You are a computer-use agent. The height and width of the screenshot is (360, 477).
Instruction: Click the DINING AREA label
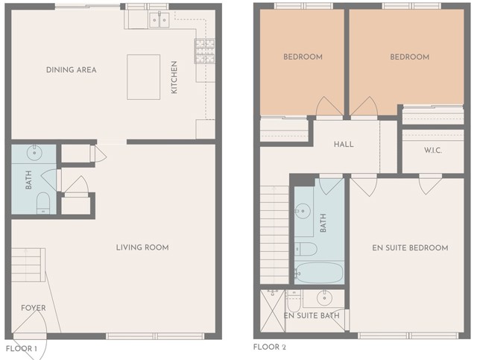point(72,70)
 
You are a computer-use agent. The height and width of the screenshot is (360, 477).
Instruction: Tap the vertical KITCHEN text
point(175,78)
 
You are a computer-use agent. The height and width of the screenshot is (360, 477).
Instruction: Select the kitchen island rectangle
point(143,77)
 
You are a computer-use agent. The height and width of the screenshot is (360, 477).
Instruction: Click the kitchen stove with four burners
point(205,51)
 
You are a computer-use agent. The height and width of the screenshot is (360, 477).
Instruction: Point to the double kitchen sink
point(158,20)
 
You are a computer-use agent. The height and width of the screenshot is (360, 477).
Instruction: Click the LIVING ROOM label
point(142,247)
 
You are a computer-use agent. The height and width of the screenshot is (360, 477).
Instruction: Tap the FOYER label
point(33,308)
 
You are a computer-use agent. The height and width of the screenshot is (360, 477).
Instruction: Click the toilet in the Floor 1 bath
point(42,203)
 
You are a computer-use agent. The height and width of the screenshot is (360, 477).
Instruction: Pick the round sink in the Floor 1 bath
point(35,154)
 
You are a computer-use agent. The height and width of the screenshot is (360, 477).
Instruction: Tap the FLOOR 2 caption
point(270,347)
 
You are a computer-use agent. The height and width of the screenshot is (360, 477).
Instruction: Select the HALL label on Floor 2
point(344,145)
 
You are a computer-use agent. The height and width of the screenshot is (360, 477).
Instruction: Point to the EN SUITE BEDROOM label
point(410,247)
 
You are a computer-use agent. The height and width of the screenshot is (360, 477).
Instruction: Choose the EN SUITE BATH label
point(312,316)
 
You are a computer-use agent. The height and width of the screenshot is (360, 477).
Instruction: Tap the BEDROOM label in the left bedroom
point(303,57)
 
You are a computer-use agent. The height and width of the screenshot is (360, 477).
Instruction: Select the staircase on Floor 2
point(274,231)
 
